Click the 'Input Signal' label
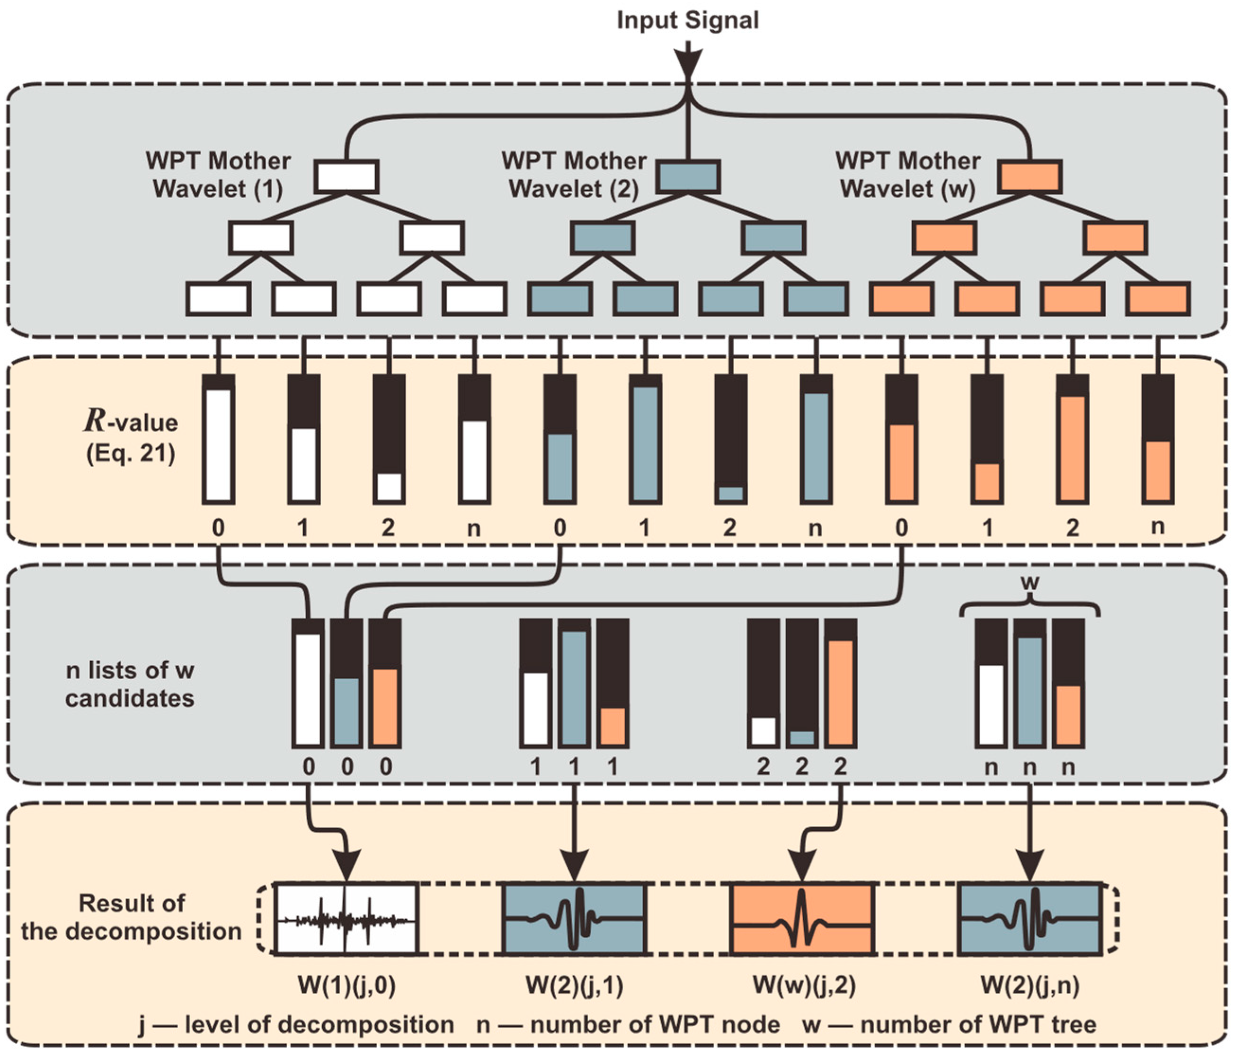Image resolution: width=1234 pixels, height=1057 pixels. [687, 20]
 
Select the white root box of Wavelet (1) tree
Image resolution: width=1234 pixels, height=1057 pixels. [346, 176]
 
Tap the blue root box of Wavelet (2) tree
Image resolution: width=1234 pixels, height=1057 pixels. [688, 176]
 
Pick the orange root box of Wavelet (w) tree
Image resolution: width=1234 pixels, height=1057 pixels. [1030, 176]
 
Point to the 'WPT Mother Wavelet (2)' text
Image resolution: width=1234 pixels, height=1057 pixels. [574, 175]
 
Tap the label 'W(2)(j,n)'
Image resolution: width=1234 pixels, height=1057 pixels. [1030, 986]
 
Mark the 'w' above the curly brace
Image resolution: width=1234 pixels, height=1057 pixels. [1030, 582]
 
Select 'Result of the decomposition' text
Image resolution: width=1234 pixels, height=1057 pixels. [131, 917]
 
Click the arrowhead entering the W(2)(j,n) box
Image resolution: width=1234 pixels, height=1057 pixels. [1030, 866]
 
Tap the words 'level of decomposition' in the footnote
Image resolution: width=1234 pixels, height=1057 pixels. [319, 1024]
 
